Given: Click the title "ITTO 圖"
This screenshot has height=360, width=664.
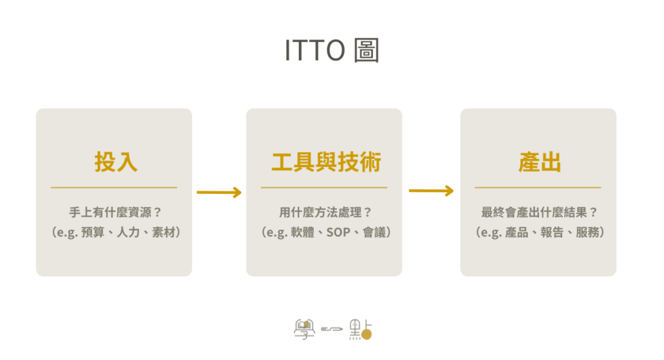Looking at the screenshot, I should pos(331,51).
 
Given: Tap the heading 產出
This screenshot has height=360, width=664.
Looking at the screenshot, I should pos(539,162).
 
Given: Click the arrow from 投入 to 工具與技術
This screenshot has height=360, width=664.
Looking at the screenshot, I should pos(219,192).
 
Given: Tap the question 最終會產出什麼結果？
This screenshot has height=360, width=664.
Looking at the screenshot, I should pos(539,212).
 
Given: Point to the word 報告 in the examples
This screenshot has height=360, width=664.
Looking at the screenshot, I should pos(552,232).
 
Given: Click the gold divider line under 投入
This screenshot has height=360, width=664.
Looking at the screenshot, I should pos(114,187).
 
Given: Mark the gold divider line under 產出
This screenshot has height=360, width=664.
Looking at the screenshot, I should pos(538,187).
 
